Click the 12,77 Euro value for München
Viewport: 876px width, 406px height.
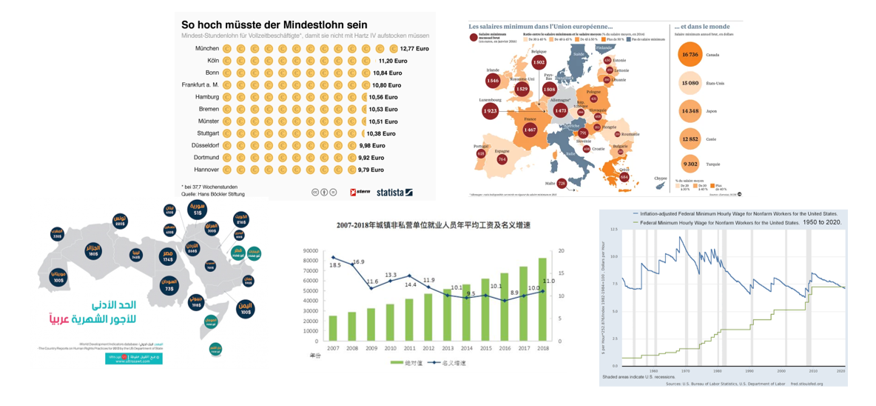(414, 48)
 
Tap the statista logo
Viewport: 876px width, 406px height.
(394, 193)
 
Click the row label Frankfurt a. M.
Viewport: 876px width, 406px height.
(201, 84)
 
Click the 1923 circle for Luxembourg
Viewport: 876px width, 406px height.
(490, 111)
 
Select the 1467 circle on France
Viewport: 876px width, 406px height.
(530, 130)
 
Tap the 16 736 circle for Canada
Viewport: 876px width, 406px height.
(690, 55)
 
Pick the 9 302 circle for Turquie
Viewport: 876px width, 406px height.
(690, 164)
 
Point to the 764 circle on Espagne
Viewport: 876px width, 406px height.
(502, 159)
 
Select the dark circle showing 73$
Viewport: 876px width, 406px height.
(169, 289)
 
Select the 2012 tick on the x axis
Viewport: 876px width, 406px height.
(428, 347)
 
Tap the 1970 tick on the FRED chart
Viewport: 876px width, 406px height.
(684, 370)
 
